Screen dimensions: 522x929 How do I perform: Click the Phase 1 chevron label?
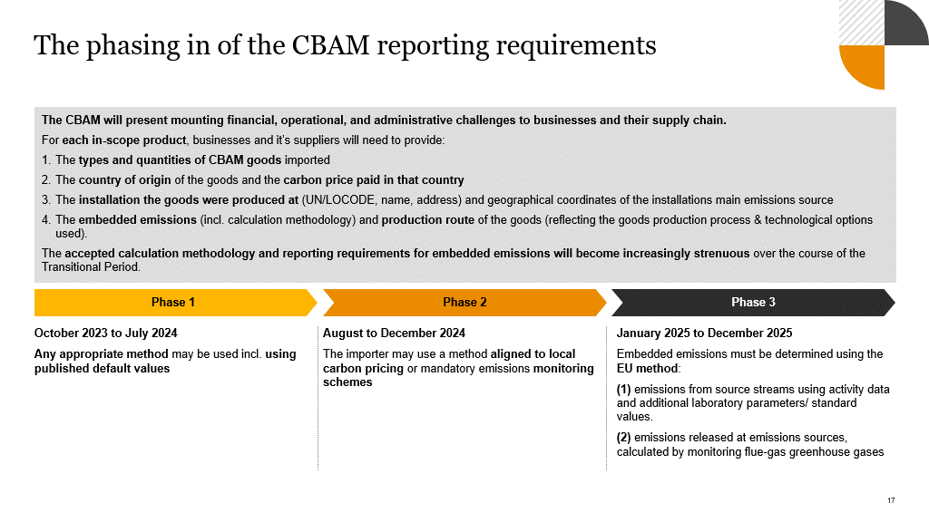point(173,303)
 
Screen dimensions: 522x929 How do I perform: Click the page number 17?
point(892,500)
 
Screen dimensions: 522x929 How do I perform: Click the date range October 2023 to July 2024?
point(106,333)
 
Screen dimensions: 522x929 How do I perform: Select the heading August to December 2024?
point(394,333)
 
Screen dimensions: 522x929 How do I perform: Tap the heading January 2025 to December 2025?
point(704,333)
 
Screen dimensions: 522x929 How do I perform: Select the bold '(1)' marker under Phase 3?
point(623,390)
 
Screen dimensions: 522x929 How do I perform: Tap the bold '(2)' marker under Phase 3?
point(623,438)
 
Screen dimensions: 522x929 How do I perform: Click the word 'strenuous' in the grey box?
point(721,254)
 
